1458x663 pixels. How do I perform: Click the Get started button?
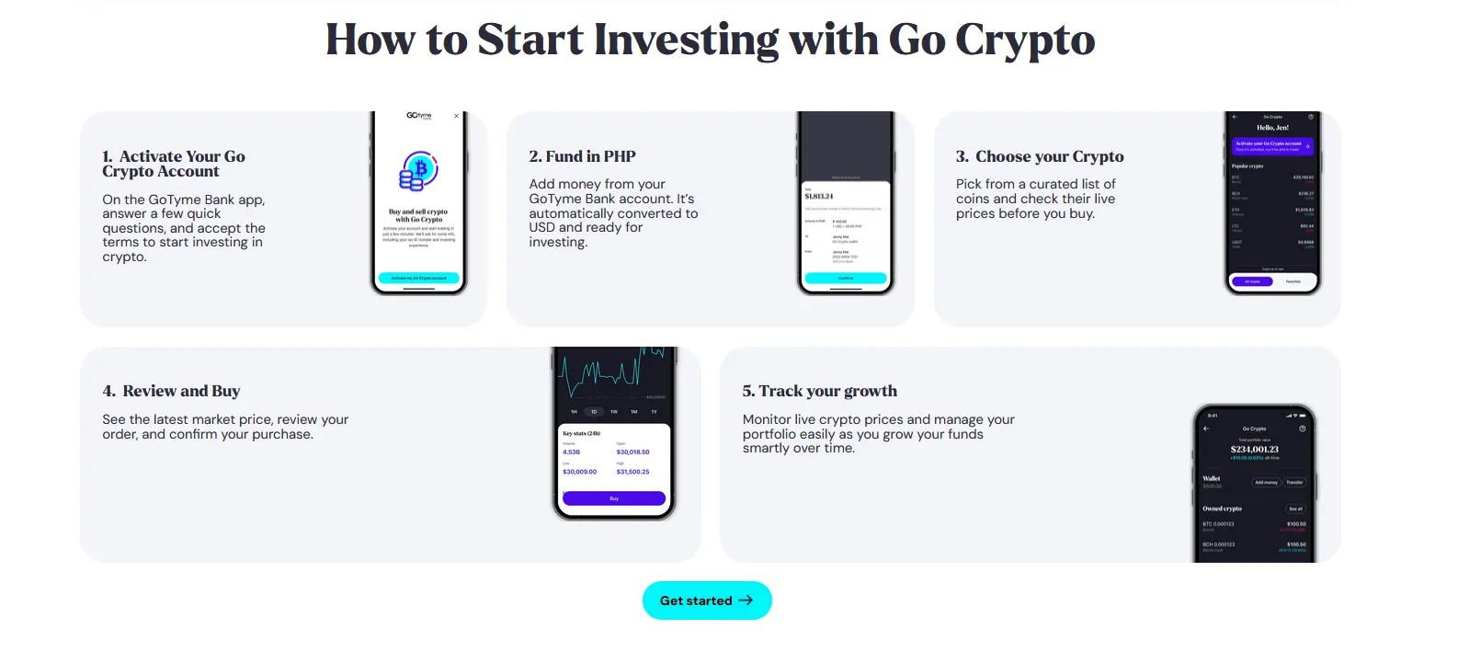(706, 600)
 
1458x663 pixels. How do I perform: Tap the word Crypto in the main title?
(1024, 40)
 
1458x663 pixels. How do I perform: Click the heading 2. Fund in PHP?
(582, 156)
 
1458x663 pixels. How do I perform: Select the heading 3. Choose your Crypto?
(1039, 156)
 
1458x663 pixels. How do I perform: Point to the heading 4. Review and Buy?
(171, 391)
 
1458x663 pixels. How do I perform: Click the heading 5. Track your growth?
(819, 391)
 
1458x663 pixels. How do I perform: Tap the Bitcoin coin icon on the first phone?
(419, 171)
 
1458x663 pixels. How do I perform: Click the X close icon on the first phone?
(456, 116)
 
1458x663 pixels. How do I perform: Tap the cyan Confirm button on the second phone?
(845, 278)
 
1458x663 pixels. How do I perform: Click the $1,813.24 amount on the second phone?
(819, 197)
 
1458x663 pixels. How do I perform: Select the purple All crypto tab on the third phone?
(1252, 281)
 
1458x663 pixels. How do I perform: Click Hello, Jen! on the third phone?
(1272, 128)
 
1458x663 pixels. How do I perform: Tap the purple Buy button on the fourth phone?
(613, 498)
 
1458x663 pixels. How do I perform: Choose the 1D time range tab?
(594, 412)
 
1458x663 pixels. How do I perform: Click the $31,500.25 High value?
(632, 472)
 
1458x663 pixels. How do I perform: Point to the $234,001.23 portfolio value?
(1254, 450)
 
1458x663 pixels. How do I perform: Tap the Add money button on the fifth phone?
(1266, 482)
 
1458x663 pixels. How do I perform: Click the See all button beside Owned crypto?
(1294, 509)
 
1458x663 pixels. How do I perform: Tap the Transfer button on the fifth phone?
(1294, 482)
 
